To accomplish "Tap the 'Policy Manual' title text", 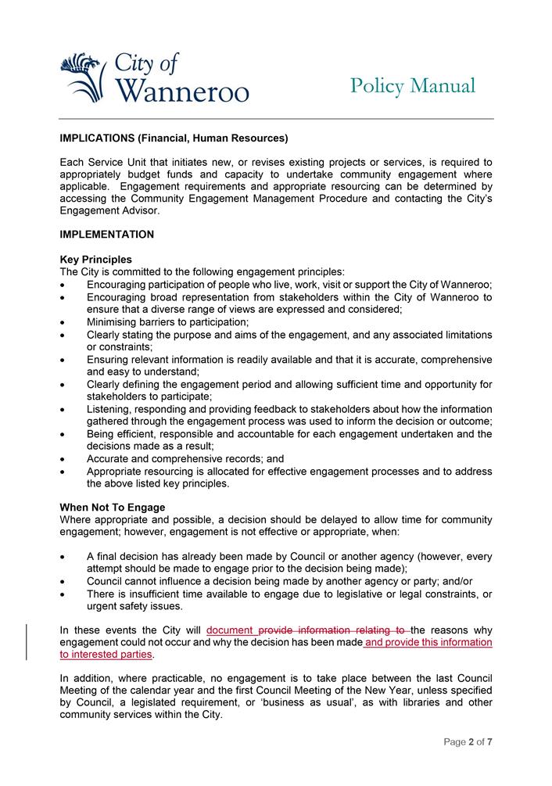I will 412,85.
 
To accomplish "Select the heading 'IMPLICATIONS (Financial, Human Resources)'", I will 174,138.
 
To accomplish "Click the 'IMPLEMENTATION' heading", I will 107,234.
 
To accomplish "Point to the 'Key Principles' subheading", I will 96,260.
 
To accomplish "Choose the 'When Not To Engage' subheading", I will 113,508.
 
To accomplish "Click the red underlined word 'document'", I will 231,630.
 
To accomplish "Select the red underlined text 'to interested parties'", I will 106,654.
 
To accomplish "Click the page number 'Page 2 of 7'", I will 468,741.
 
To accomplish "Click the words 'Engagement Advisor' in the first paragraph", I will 109,210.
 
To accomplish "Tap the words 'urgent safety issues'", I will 135,606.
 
